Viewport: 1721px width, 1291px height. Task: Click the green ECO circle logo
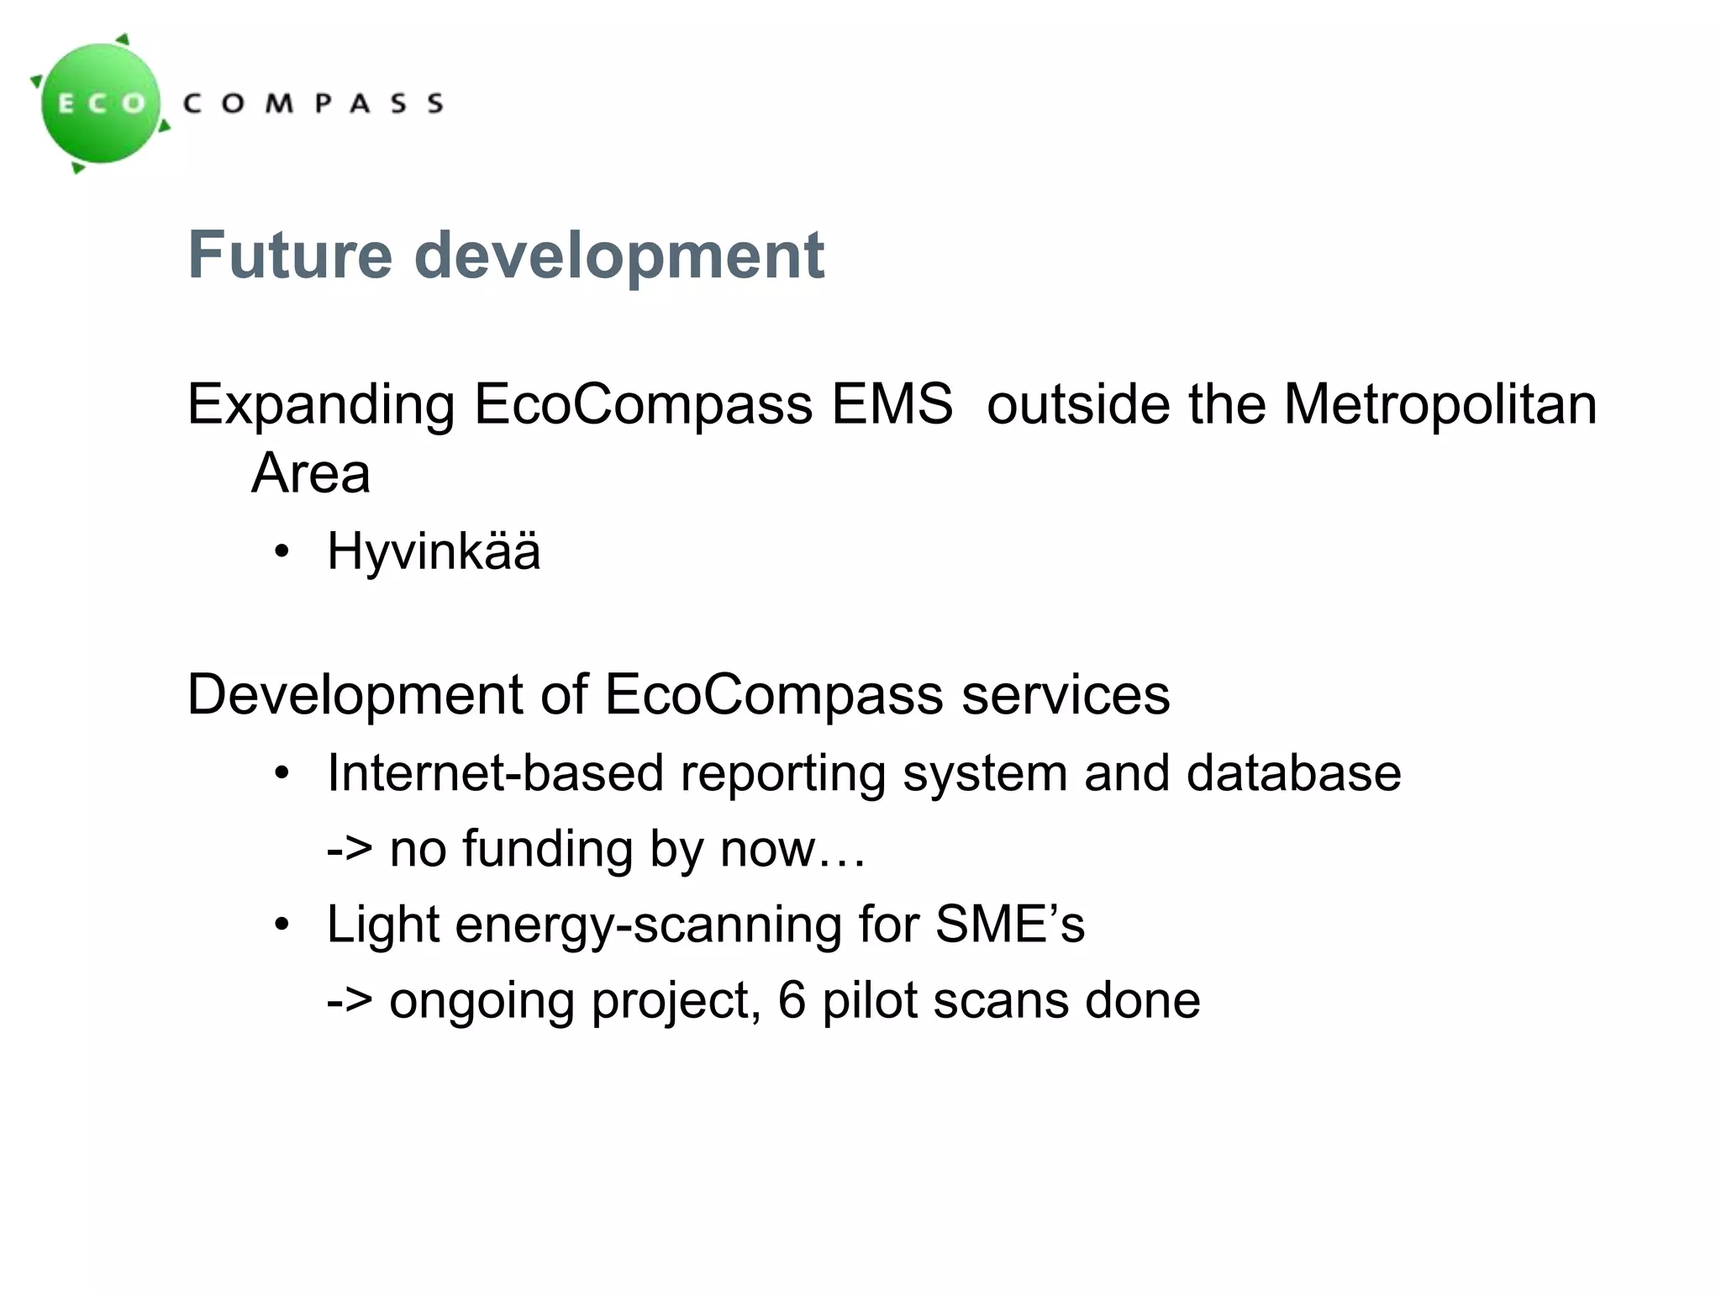102,103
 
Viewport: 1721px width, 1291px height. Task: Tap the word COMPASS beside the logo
313,103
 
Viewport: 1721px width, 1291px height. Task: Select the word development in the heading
619,256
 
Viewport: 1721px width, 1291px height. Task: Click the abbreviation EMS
892,404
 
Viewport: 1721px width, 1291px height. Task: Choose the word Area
310,473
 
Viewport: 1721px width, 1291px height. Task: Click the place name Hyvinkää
434,552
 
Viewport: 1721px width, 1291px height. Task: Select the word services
1066,695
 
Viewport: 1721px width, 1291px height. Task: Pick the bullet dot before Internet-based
282,773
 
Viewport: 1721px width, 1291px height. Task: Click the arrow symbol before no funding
349,849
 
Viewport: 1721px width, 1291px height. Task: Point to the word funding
547,849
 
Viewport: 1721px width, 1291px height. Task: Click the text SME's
1010,925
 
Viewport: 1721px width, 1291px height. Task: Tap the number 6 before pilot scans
792,1000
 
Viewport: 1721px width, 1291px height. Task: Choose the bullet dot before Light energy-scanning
282,925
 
